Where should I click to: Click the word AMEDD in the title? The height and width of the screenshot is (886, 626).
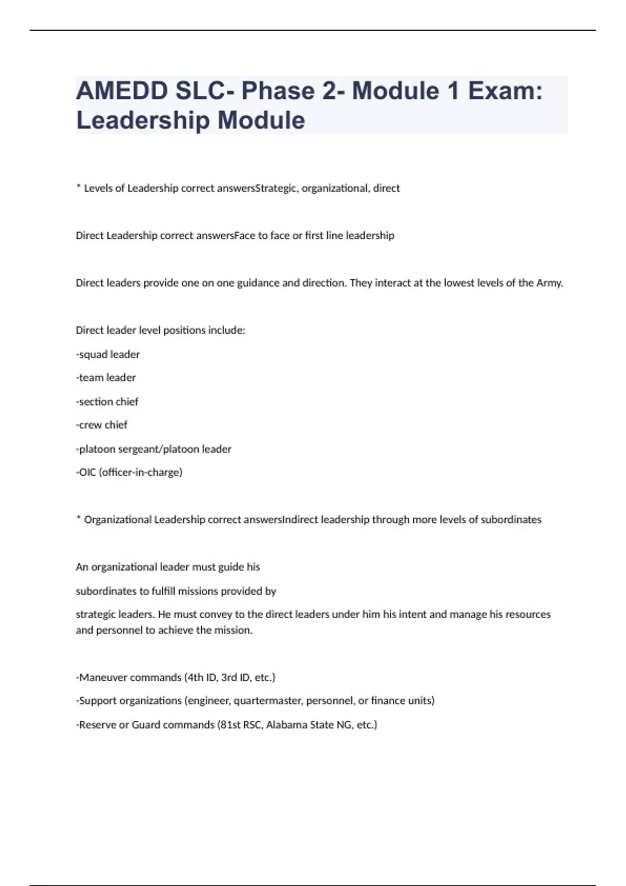[x=122, y=91]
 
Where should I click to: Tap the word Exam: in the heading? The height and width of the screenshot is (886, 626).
[x=505, y=91]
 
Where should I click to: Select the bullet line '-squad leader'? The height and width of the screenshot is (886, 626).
[x=108, y=354]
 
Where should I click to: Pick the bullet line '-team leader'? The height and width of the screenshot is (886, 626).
[x=106, y=377]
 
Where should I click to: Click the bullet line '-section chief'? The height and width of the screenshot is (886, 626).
[x=107, y=402]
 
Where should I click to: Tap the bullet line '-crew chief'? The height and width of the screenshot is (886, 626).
[x=102, y=425]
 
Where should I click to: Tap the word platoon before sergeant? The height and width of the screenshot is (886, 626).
[x=95, y=449]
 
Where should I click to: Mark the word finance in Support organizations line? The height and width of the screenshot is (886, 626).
[x=386, y=700]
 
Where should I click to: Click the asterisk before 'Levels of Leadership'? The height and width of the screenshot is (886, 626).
[x=78, y=186]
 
